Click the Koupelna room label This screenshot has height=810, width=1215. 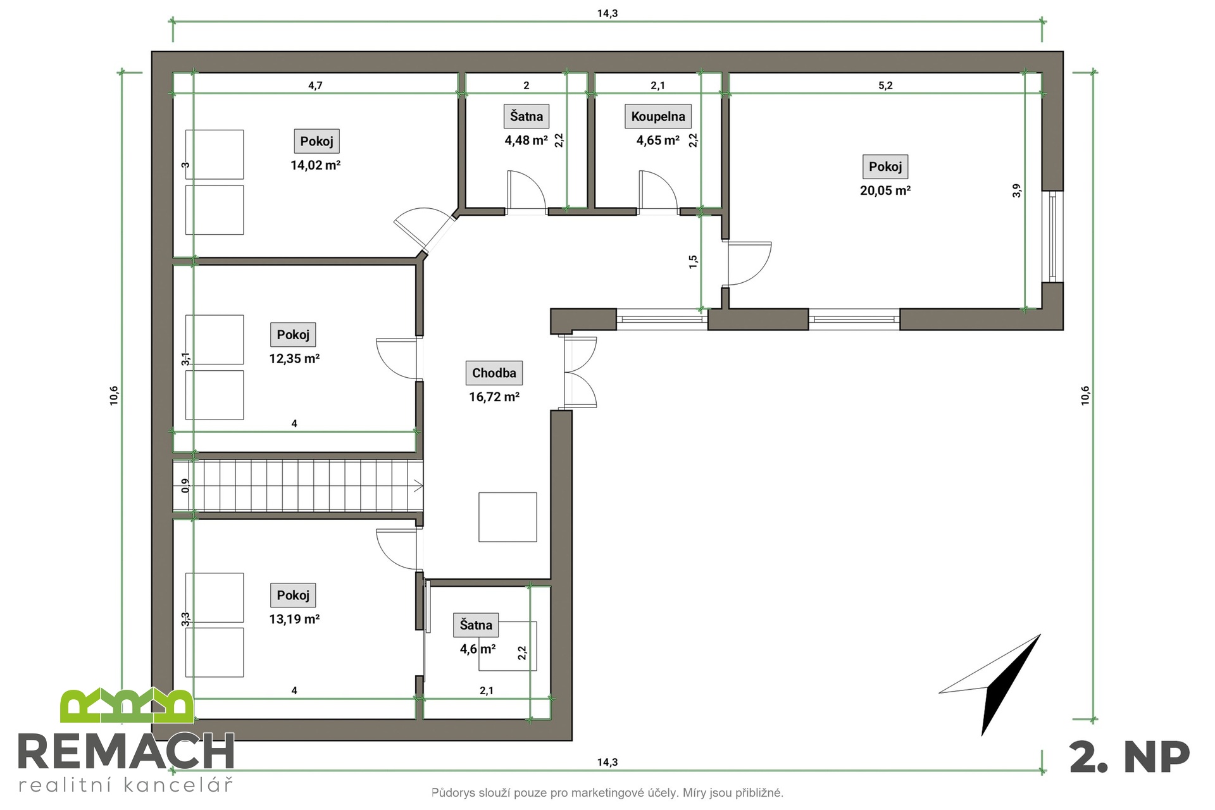click(x=658, y=116)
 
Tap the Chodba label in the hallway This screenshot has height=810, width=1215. click(x=494, y=373)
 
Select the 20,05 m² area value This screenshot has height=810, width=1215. click(x=885, y=190)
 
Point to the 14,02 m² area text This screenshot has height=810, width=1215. click(x=316, y=165)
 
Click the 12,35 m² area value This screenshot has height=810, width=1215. click(x=294, y=359)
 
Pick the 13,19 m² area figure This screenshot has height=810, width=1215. click(x=294, y=619)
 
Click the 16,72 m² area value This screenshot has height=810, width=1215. click(x=494, y=397)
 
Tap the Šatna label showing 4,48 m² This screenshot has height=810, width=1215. click(x=526, y=116)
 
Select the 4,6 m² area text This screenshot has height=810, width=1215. click(x=478, y=649)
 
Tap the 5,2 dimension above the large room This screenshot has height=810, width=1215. click(x=885, y=85)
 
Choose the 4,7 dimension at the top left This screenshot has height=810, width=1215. click(x=315, y=85)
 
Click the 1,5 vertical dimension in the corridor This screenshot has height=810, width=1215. click(x=693, y=262)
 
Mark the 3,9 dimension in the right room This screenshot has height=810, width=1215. click(x=1017, y=190)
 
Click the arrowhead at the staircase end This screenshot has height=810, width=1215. click(x=419, y=486)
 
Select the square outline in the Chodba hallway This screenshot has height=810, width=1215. click(x=508, y=517)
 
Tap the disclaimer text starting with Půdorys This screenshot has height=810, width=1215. click(x=607, y=793)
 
